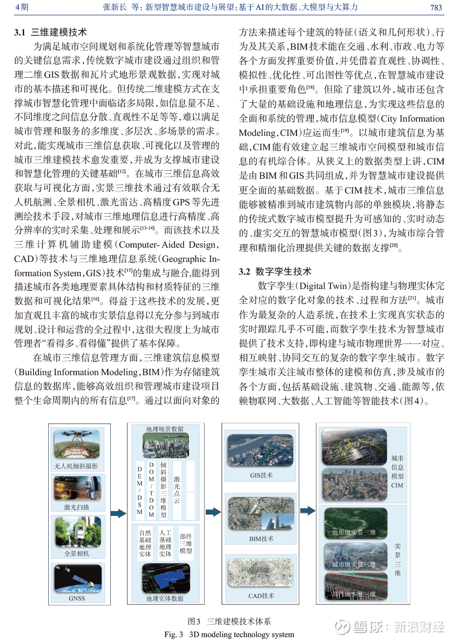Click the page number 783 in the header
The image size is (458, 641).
pyautogui.click(x=436, y=7)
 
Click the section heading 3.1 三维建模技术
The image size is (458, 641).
pyautogui.click(x=51, y=32)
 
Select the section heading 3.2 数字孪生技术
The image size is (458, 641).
pyautogui.click(x=275, y=271)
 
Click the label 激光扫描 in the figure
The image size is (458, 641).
pyautogui.click(x=77, y=507)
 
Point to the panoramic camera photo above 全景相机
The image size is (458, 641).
pyautogui.click(x=77, y=532)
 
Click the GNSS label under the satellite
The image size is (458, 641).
pyautogui.click(x=77, y=598)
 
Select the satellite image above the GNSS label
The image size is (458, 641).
pyautogui.click(x=77, y=579)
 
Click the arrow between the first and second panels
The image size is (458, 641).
pyautogui.click(x=118, y=513)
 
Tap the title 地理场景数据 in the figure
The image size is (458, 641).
pyautogui.click(x=164, y=429)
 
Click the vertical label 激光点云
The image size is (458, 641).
pyautogui.click(x=177, y=490)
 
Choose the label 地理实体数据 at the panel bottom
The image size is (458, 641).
pyautogui.click(x=164, y=599)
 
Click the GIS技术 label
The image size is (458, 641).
pyautogui.click(x=261, y=475)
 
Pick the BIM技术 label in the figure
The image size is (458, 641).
pyautogui.click(x=261, y=539)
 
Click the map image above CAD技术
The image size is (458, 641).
pyautogui.click(x=261, y=573)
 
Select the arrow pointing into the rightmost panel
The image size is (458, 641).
pyautogui.click(x=307, y=511)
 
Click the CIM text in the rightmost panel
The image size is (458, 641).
pyautogui.click(x=397, y=485)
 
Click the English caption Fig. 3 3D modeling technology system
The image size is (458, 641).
pyautogui.click(x=229, y=635)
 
